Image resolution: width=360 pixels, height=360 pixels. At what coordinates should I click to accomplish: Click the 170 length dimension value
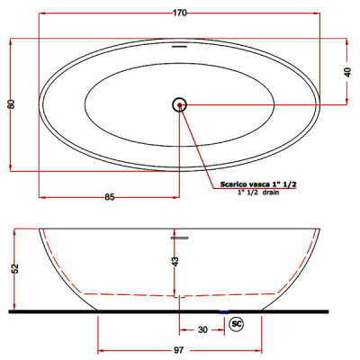point(180,13)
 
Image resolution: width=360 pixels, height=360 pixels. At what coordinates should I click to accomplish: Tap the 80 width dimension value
point(12,104)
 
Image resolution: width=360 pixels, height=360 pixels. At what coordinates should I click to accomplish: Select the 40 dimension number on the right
point(347,72)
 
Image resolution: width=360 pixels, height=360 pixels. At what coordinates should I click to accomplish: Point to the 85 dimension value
point(110,197)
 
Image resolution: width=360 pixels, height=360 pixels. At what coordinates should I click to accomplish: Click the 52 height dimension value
point(16,268)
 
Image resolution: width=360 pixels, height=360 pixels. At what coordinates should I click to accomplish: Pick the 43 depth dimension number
point(175,261)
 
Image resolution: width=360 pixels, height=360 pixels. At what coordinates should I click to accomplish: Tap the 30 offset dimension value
point(202,330)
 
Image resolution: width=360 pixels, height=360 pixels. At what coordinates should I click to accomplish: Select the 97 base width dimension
point(179,350)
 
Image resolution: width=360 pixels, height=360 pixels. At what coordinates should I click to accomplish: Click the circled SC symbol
point(237,324)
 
